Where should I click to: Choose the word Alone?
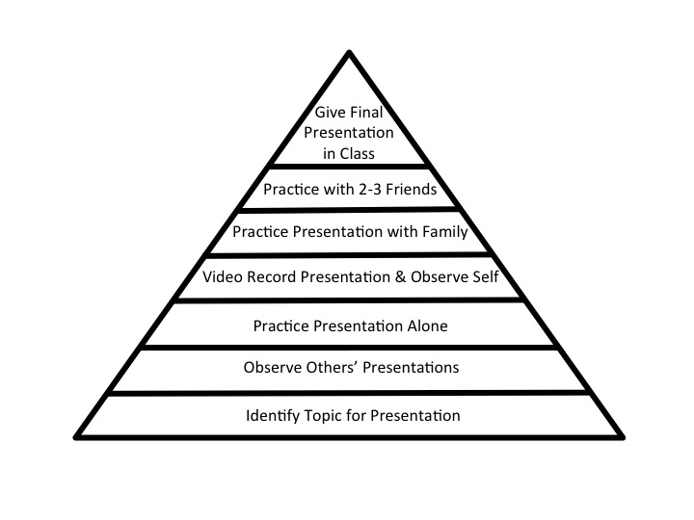(427, 326)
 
